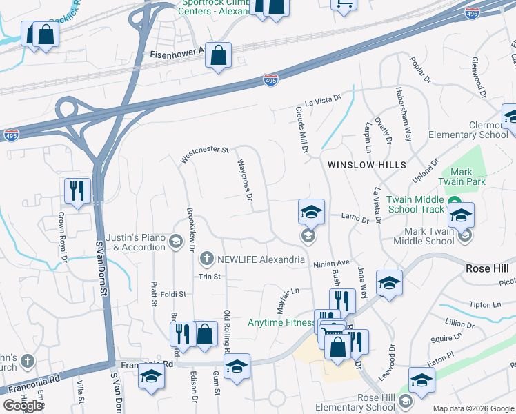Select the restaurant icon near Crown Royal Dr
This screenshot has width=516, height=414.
coord(77,191)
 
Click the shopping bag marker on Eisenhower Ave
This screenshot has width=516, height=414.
coord(218,57)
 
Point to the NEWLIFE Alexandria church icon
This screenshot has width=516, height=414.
coord(206,259)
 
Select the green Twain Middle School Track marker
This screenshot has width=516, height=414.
coord(455,201)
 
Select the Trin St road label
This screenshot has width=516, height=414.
coord(209,277)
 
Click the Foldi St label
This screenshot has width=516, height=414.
coord(173,294)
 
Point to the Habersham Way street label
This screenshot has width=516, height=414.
coord(404,113)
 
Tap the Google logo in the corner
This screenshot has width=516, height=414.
coord(23,406)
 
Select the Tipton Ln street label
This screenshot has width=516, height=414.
coord(486,304)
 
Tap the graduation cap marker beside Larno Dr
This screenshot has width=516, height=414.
coord(311,211)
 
